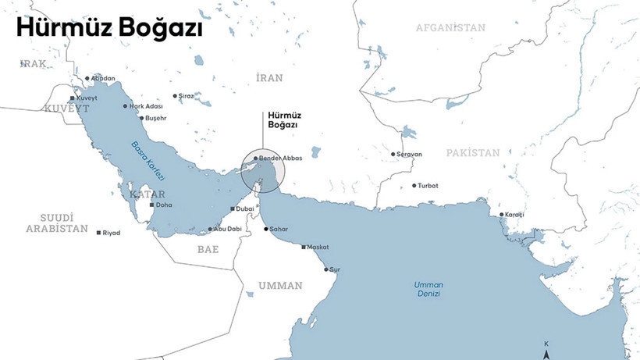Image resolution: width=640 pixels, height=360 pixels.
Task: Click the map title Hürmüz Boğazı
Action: (x=109, y=29)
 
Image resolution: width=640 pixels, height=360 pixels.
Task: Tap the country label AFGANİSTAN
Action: (x=450, y=27)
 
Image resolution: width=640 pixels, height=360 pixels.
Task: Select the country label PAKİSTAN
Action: (x=473, y=153)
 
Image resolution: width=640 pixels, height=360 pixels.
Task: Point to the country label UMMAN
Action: (x=280, y=286)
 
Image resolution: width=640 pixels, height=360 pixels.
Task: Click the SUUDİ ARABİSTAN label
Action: (x=57, y=223)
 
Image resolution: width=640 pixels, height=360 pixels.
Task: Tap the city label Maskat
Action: (x=318, y=247)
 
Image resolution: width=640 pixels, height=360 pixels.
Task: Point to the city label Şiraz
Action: (x=187, y=96)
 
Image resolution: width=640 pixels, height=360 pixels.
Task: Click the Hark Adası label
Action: (x=146, y=106)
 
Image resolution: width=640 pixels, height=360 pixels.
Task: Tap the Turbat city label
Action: (x=428, y=186)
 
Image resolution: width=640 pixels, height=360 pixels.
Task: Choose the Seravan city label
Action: (x=410, y=154)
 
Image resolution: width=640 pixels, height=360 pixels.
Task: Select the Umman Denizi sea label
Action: (x=428, y=289)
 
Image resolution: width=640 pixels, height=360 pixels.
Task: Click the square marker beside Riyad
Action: (x=98, y=233)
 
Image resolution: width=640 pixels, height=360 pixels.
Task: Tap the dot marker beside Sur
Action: (x=326, y=269)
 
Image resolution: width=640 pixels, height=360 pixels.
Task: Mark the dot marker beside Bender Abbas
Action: (x=255, y=158)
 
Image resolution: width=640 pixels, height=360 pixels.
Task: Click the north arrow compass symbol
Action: (x=546, y=351)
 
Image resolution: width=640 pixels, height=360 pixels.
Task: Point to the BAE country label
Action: (x=208, y=249)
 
